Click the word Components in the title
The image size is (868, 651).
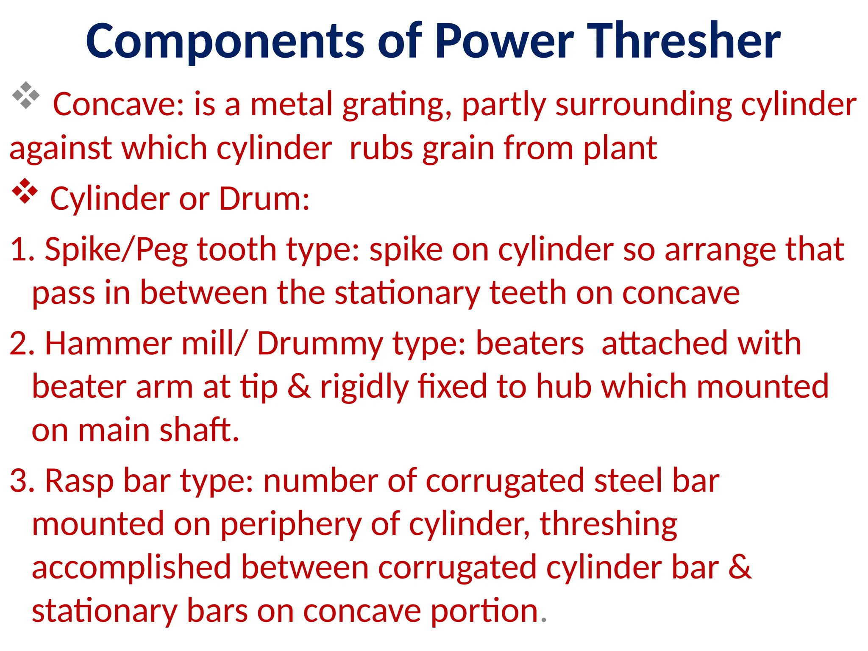(x=225, y=42)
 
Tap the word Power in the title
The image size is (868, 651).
(x=504, y=41)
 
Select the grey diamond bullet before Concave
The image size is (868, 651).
(x=25, y=95)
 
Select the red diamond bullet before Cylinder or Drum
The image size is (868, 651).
(x=25, y=191)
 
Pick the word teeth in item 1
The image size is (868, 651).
(x=528, y=293)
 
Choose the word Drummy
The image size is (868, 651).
(x=320, y=345)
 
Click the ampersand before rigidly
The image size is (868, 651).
(x=299, y=387)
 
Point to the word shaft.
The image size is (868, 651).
(x=199, y=430)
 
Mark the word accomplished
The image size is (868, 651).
(x=131, y=568)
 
